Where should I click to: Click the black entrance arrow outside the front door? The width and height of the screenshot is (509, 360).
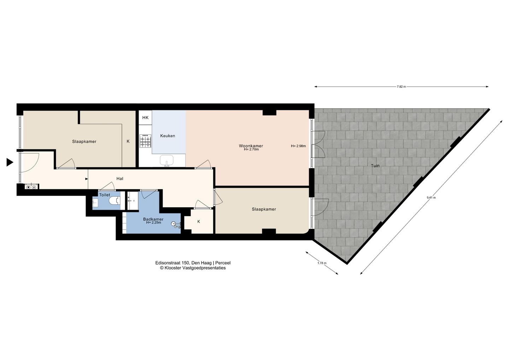coord(10,162)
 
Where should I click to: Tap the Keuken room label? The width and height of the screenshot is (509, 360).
coord(168,136)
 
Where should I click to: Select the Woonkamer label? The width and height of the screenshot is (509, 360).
coord(251,146)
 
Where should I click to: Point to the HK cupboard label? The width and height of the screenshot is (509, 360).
coord(145,117)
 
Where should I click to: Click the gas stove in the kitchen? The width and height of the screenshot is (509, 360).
coord(145,141)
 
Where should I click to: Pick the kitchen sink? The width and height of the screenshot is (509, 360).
coord(167,161)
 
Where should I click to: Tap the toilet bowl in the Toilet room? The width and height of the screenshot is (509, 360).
coord(115,201)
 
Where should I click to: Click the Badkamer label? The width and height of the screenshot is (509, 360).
coord(153,219)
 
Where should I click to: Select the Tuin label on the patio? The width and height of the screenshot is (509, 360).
coord(375,166)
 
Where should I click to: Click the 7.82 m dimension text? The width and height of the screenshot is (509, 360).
coord(401,87)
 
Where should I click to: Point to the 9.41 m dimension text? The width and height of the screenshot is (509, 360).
coord(431,197)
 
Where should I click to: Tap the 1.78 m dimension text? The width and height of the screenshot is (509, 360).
coord(322,263)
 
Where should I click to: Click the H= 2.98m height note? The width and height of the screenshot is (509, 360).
coord(298,146)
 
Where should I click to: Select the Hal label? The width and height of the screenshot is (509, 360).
coord(120,179)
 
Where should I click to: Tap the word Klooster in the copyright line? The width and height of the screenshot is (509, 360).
coord(173,268)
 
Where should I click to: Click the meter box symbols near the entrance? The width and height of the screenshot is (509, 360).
coord(31,187)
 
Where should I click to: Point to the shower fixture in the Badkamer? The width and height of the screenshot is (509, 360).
coord(176,225)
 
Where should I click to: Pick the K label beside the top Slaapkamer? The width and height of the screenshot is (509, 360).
coord(128,141)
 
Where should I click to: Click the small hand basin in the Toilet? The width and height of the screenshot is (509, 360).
coord(95,203)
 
